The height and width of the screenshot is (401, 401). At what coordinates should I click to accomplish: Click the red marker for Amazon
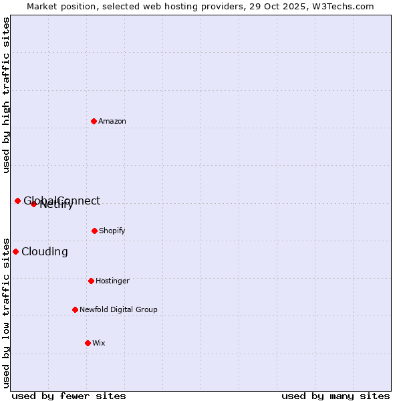tap(94, 121)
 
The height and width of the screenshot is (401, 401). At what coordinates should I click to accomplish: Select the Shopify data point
tap(94, 231)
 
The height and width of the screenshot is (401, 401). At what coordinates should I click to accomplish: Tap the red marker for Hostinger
tap(91, 281)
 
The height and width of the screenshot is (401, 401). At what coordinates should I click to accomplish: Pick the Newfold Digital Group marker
tap(75, 309)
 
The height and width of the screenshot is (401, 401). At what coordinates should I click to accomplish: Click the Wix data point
tap(88, 343)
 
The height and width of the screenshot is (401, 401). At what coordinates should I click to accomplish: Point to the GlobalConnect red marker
tap(17, 200)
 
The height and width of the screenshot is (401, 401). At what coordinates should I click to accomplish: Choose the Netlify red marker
tap(33, 204)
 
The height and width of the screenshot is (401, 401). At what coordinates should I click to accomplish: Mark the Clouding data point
tap(15, 251)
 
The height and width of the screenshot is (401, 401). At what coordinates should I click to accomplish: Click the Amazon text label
tap(112, 121)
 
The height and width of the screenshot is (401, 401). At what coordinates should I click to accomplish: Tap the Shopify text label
tap(112, 231)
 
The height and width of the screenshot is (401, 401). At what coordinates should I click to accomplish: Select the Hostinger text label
tap(112, 281)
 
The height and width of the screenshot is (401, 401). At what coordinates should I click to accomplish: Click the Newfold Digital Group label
tap(118, 309)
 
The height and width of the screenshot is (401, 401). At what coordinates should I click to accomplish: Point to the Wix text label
tap(99, 343)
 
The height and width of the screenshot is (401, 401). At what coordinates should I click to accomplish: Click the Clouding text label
tap(45, 251)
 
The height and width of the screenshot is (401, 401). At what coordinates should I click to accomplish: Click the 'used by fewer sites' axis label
tap(69, 396)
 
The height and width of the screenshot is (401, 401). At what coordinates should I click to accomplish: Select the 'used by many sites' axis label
tap(336, 396)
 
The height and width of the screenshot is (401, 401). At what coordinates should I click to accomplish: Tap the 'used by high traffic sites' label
tap(6, 95)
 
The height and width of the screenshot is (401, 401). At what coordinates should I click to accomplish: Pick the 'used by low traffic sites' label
tap(6, 312)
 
